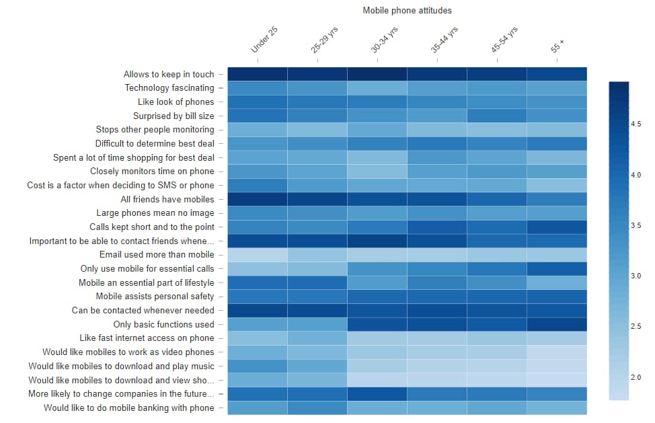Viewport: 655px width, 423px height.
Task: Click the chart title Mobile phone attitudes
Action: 407,10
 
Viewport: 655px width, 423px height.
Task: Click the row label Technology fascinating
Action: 169,88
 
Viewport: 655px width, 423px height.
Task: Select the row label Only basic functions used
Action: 163,324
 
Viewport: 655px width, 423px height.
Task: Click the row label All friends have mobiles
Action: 167,199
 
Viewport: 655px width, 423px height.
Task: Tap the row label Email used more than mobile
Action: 157,255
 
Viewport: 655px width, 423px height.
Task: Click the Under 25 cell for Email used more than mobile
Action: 258,255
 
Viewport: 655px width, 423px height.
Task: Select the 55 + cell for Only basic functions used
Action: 557,324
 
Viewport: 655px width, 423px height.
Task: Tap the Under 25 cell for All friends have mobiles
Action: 258,199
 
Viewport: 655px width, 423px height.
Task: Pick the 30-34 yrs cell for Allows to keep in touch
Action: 377,74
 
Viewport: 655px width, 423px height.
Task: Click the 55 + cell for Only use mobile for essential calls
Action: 557,269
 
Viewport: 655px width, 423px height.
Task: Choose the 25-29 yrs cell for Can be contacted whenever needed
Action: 317,311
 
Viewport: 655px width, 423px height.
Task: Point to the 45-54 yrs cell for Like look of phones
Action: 497,102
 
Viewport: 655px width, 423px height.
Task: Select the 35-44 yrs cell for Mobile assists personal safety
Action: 437,297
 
